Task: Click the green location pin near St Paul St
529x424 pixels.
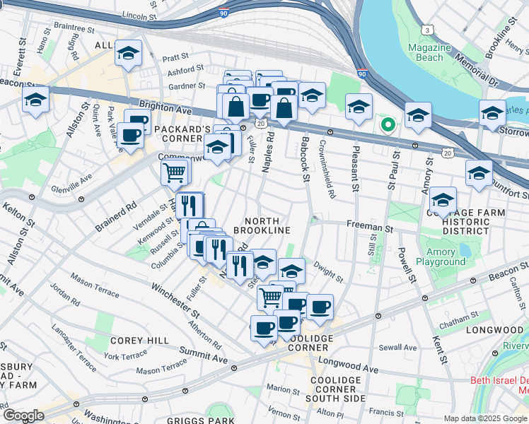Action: tap(388, 125)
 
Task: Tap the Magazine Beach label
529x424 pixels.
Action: tap(429, 52)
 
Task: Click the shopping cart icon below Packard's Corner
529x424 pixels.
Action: tap(175, 172)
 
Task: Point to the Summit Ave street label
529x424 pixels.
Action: tap(204, 351)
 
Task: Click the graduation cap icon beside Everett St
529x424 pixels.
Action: tap(35, 100)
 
